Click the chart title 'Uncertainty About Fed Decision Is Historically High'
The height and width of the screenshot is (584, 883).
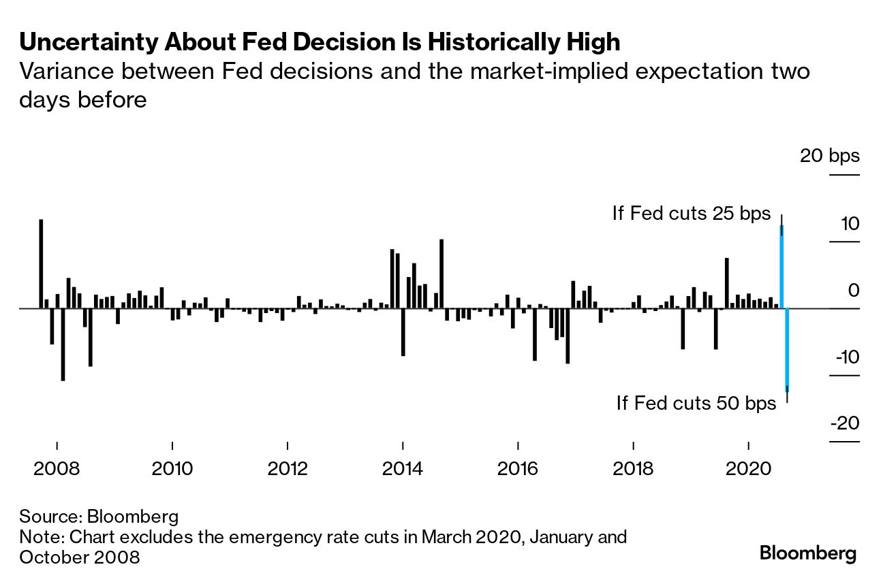tap(320, 42)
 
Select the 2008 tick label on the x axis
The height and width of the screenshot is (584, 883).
tap(57, 469)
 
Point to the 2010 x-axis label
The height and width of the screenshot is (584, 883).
tap(172, 469)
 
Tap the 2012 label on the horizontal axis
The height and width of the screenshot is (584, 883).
tap(288, 469)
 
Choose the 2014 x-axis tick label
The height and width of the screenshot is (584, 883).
tap(403, 469)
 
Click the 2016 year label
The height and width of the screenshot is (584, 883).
tap(518, 469)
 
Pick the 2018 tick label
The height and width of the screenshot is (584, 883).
tap(634, 469)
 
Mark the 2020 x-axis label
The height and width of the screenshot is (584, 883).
tap(749, 469)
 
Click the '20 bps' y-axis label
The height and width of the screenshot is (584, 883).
tap(830, 156)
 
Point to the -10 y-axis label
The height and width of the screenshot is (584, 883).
tap(844, 358)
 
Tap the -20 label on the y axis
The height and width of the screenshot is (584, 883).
tap(844, 424)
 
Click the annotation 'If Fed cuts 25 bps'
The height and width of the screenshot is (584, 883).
tap(691, 214)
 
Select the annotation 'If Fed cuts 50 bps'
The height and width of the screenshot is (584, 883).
tap(696, 403)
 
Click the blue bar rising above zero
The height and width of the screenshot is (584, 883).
tap(781, 267)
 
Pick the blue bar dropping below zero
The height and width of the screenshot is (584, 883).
tap(788, 348)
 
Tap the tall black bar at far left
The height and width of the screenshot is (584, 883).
tap(41, 263)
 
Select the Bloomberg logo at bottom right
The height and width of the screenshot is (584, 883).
tap(808, 553)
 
